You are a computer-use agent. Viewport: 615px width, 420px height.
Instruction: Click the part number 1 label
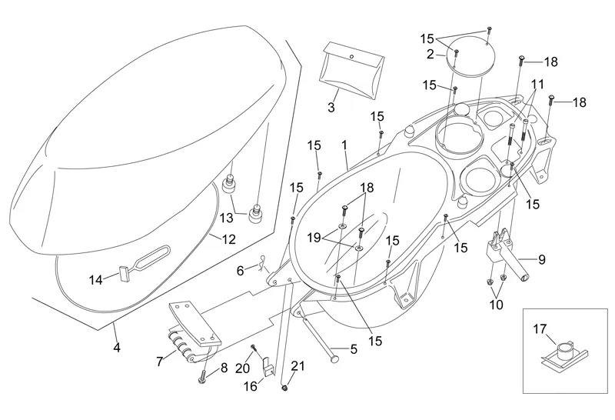click(345, 144)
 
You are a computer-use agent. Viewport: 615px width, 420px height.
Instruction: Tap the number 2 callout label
click(430, 54)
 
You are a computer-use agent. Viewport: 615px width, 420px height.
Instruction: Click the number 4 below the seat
click(117, 348)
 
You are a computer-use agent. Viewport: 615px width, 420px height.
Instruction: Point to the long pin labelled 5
click(323, 337)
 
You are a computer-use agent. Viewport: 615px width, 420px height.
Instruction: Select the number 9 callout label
click(541, 260)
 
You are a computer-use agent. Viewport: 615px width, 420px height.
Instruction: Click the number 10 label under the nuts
click(496, 305)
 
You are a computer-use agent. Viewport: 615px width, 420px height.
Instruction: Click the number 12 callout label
click(229, 239)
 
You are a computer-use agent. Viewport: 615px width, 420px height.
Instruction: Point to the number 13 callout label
click(226, 218)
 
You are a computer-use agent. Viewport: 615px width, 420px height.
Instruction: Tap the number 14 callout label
click(95, 280)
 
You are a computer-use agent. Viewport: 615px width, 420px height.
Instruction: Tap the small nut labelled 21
click(284, 388)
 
